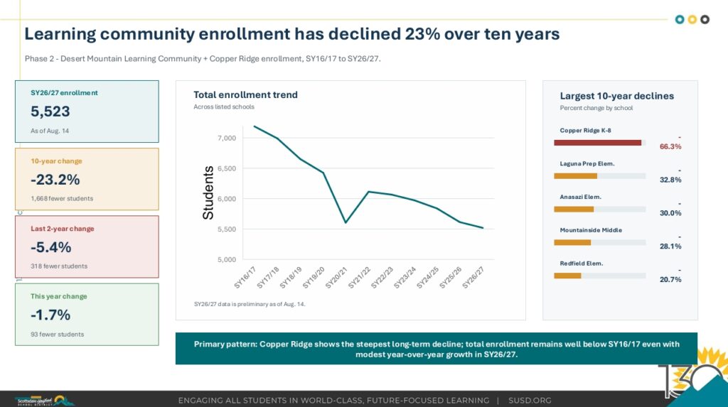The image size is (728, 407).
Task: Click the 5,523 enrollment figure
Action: [50, 112]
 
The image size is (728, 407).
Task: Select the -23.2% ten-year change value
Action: [55, 180]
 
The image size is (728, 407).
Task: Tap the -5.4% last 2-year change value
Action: [51, 247]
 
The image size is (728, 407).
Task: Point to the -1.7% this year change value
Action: [50, 315]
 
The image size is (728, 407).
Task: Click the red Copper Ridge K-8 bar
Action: [597, 143]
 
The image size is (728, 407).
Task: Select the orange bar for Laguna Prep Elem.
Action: [576, 176]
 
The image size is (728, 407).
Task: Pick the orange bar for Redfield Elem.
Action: [567, 276]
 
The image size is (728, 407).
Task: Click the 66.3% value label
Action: [670, 146]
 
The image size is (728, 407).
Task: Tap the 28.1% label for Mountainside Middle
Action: [670, 246]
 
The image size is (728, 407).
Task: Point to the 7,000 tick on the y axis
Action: [227, 138]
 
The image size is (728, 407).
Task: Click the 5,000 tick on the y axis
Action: [227, 259]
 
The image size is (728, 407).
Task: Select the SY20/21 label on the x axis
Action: [336, 278]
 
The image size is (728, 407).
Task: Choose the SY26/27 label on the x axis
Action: [473, 278]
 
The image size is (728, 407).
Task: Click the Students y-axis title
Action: [208, 192]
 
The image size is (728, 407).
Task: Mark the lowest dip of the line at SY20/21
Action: [346, 223]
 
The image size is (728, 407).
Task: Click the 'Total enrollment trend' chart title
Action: [245, 94]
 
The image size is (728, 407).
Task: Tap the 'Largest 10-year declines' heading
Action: [616, 96]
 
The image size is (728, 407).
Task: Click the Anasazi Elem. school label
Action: [580, 197]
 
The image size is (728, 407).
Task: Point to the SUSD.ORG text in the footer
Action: [530, 401]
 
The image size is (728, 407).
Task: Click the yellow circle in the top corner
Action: [692, 19]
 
